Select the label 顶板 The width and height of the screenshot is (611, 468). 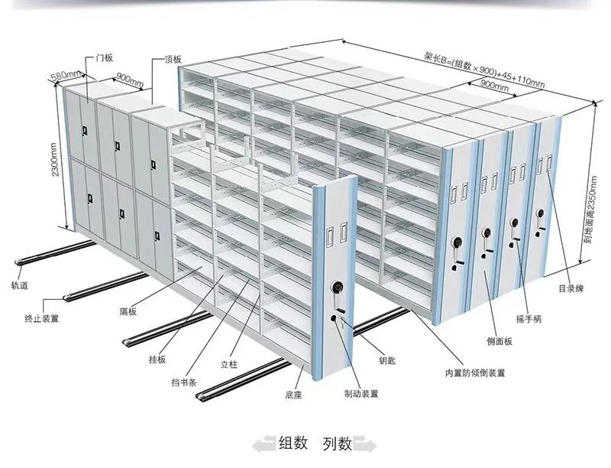[173, 59]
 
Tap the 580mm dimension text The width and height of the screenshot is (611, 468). [64, 76]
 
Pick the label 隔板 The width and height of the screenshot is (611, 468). [128, 311]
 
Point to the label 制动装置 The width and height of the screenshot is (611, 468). [360, 395]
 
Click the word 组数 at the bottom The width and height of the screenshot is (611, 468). [293, 442]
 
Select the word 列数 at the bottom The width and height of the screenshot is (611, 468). [336, 442]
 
